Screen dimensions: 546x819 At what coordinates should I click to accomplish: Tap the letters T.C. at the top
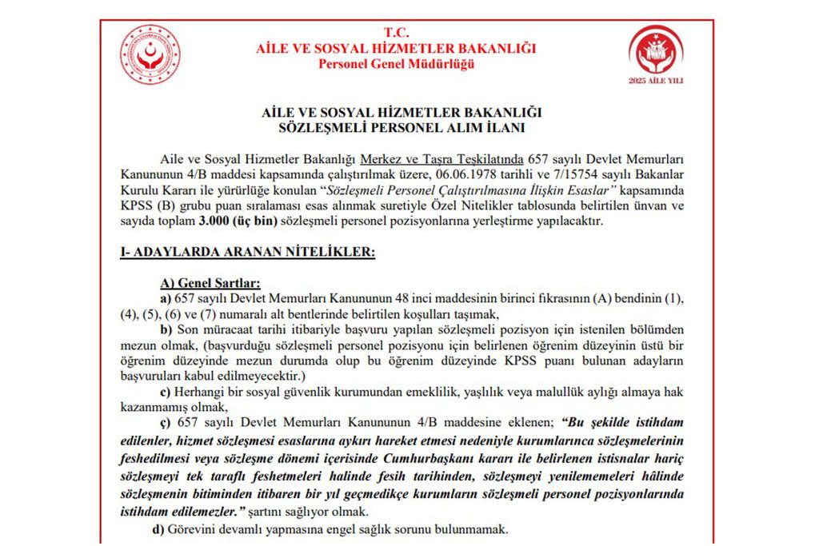click(x=396, y=33)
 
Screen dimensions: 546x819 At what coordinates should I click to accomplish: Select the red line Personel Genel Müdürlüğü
click(x=396, y=64)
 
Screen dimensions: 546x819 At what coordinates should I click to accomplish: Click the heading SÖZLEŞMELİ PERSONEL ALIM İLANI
click(x=396, y=127)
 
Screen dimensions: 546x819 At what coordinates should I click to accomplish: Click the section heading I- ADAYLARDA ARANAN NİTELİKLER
click(x=247, y=253)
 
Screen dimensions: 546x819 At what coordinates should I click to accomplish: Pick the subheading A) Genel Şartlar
click(x=210, y=283)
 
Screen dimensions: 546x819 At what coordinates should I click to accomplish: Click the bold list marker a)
click(x=166, y=297)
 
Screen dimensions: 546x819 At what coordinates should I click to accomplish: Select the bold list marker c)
click(x=166, y=391)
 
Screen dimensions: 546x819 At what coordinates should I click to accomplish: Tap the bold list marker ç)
click(x=166, y=421)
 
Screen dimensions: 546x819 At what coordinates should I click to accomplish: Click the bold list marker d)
click(x=166, y=529)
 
